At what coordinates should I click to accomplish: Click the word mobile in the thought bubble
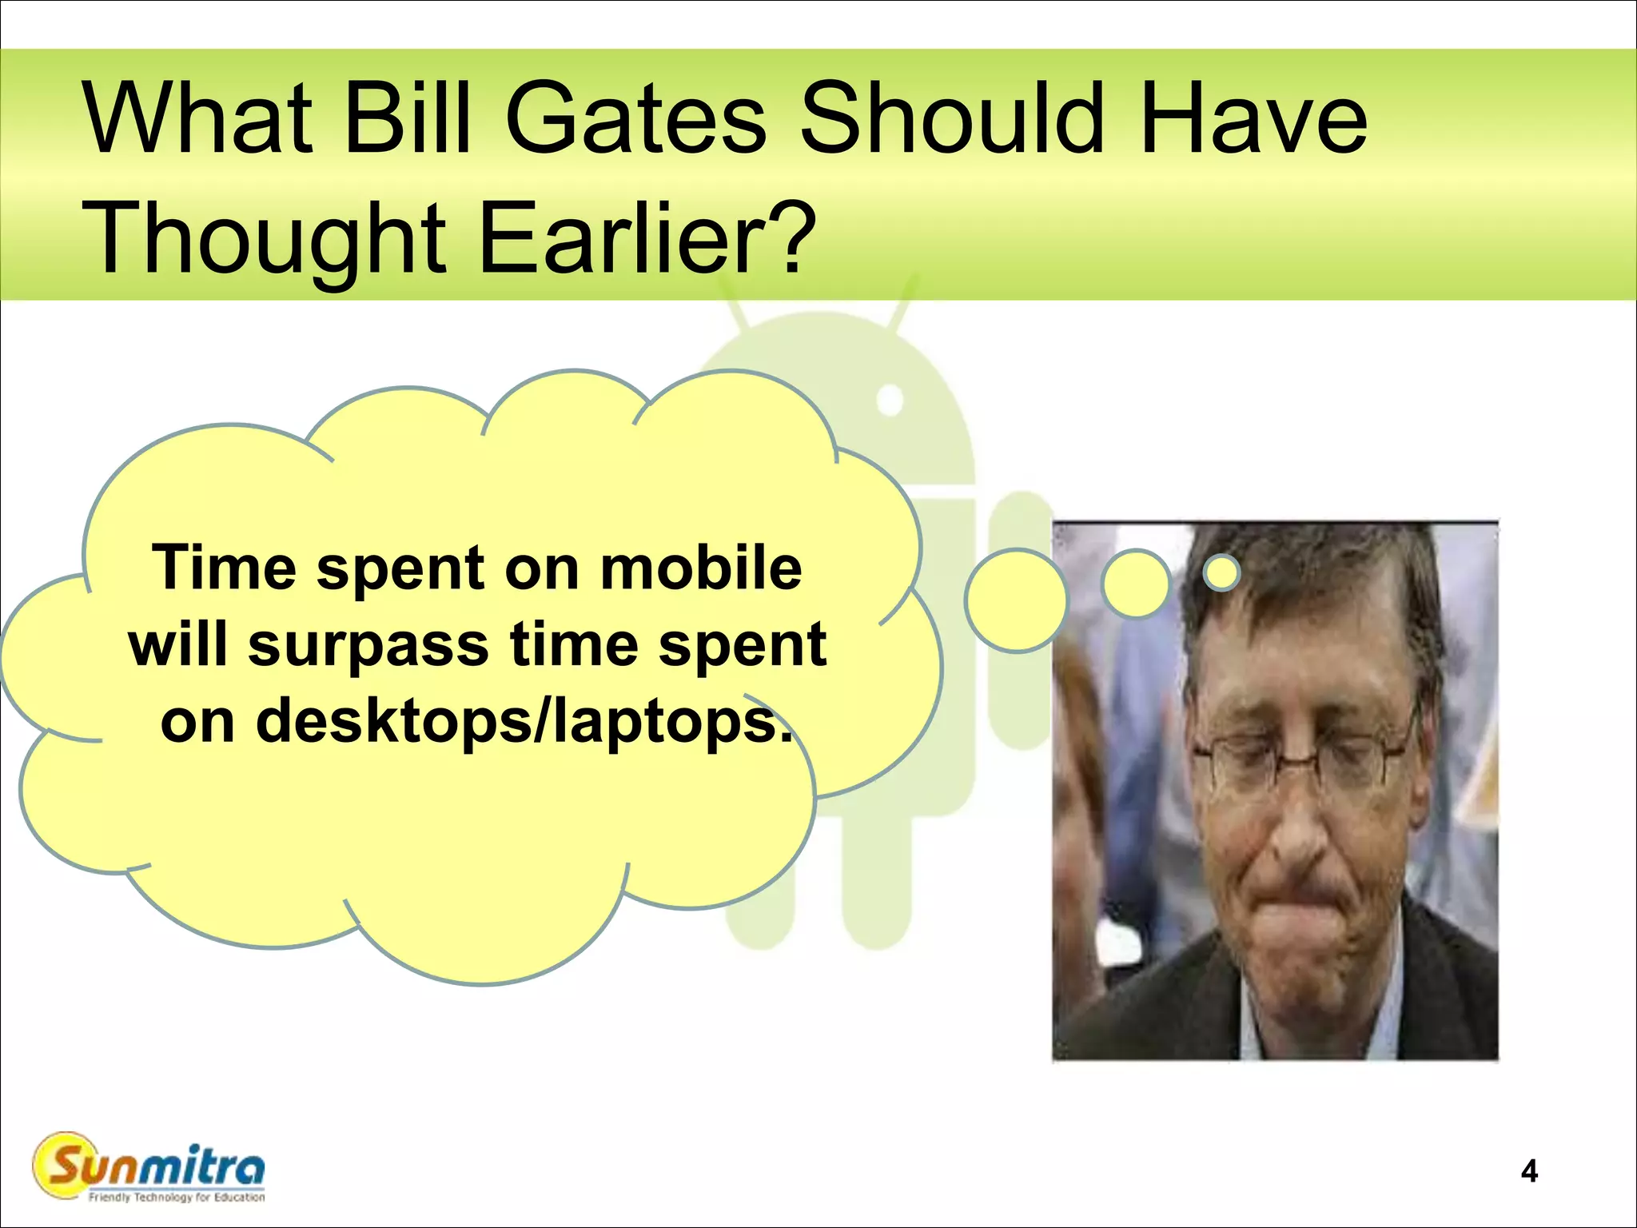(x=701, y=568)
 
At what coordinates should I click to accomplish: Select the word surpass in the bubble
(x=368, y=646)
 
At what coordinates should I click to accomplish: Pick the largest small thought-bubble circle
(x=1016, y=600)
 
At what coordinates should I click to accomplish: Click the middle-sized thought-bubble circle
(x=1135, y=583)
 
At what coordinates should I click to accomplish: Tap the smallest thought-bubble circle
(x=1221, y=572)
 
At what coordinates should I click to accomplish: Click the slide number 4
(x=1529, y=1171)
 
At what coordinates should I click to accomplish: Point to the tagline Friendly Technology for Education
(x=177, y=1198)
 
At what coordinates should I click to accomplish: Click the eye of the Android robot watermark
(x=890, y=400)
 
